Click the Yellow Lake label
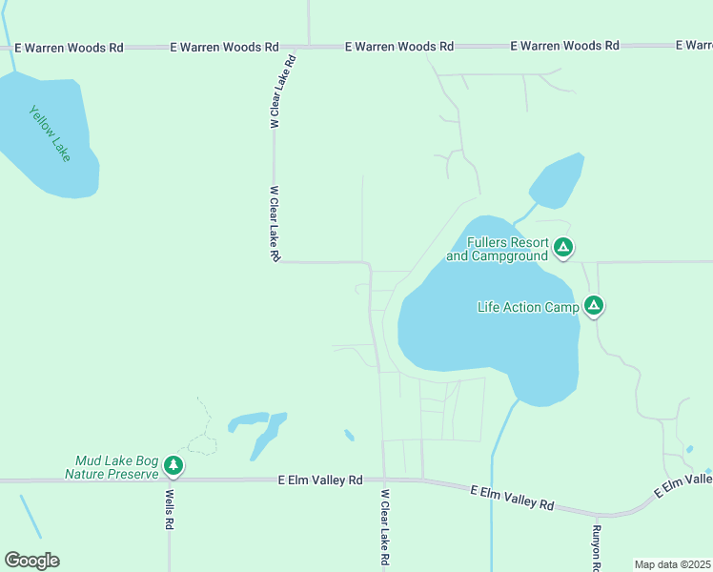51,133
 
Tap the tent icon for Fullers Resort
563,249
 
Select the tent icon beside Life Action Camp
594,306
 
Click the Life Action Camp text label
528,307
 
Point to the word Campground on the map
510,255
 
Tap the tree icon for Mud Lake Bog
173,465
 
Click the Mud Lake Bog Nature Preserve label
111,466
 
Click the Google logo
31,561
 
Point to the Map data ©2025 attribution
672,564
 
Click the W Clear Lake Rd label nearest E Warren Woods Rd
282,92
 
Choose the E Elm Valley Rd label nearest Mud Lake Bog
321,480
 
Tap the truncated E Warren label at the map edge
693,46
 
